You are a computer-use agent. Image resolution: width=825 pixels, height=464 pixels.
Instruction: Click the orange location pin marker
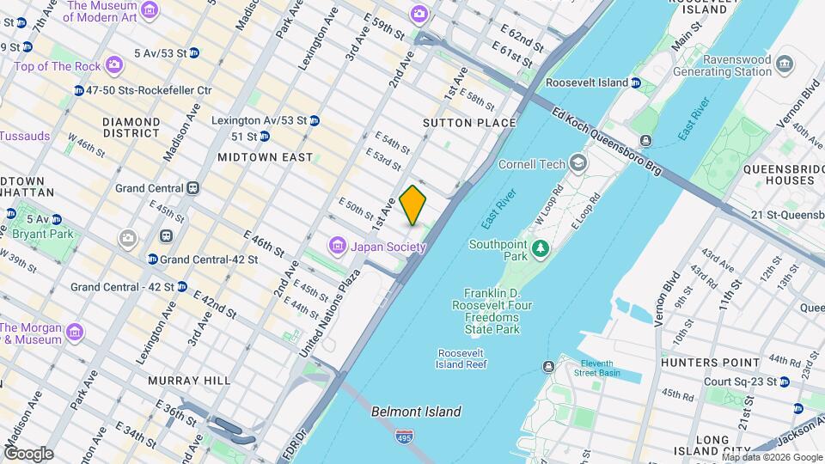click(413, 205)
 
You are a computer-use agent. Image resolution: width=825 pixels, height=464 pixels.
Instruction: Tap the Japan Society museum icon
click(337, 247)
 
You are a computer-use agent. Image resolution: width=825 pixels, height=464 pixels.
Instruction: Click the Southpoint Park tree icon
click(541, 249)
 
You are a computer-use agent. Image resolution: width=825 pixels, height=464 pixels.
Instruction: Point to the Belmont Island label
click(416, 412)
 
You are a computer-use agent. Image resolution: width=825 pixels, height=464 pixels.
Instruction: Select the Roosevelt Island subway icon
click(635, 82)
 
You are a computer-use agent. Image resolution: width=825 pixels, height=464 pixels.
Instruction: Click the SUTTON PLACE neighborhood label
click(469, 123)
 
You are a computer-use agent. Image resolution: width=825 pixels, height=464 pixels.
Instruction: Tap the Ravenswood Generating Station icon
click(783, 63)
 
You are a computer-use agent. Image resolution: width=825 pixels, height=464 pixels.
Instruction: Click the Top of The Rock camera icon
click(113, 66)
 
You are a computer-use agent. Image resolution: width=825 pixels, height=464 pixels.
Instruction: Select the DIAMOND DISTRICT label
click(131, 127)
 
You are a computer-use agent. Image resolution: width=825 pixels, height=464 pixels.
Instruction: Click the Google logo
click(28, 453)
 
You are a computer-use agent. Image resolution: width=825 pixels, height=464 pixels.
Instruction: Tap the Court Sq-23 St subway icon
click(785, 382)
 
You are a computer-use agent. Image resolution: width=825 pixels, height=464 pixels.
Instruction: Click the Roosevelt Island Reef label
click(462, 358)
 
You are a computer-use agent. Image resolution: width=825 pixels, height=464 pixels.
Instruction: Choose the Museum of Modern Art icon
click(150, 9)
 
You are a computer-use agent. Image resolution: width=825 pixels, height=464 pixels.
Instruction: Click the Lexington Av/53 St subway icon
click(315, 119)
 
